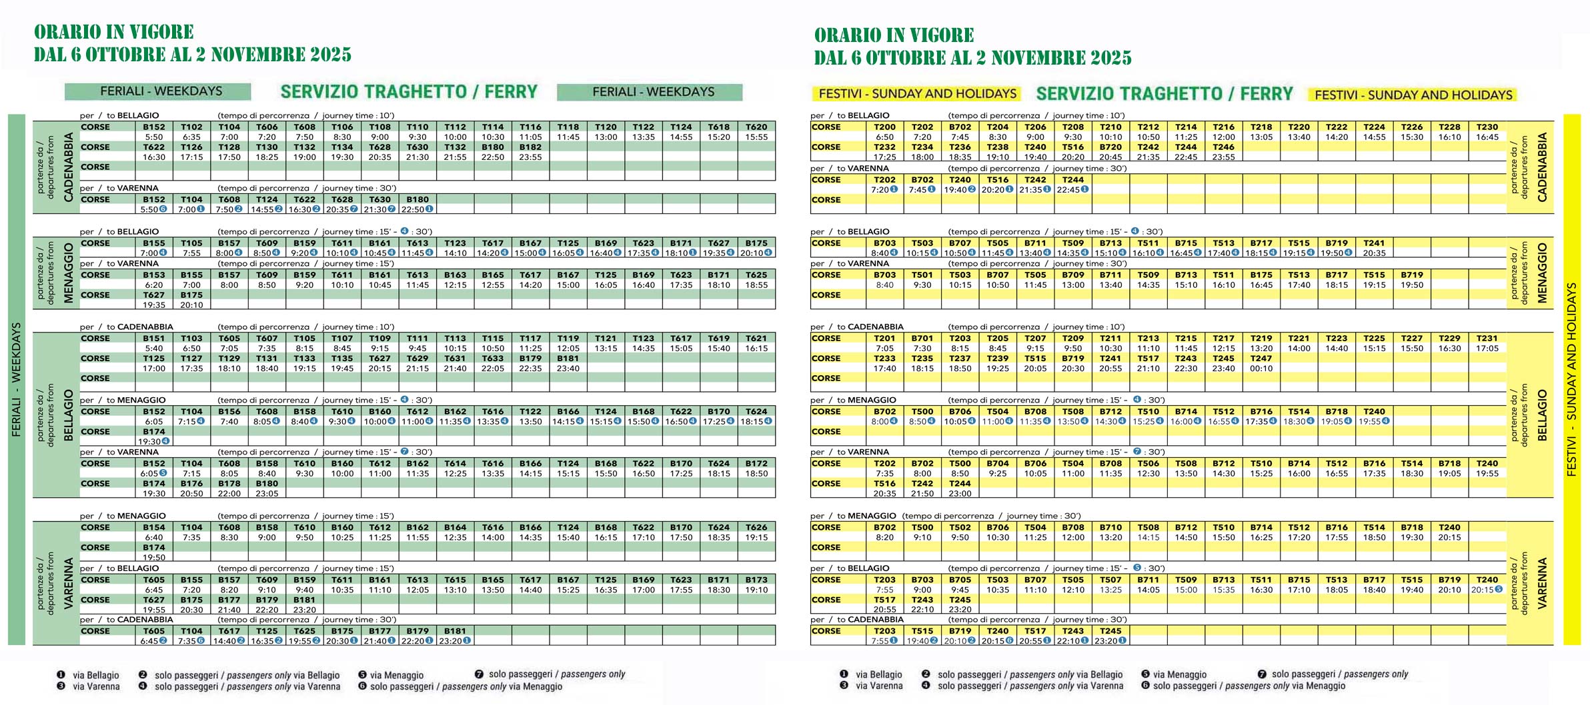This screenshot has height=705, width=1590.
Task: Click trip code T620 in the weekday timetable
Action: tap(756, 127)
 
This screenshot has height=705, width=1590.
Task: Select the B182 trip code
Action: tap(530, 147)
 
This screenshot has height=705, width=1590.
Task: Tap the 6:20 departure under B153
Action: tap(153, 285)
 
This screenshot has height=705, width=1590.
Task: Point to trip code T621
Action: tap(756, 338)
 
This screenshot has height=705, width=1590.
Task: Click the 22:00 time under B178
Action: tap(229, 493)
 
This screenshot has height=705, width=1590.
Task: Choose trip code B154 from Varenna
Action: tap(153, 527)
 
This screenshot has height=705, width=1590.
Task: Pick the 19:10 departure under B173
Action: tap(756, 590)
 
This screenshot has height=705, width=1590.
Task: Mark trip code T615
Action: tap(455, 580)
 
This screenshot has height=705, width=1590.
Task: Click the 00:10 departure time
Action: tap(1261, 368)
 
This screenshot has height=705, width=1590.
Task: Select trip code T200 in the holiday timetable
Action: tap(884, 127)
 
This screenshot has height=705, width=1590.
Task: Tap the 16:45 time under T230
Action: tap(1487, 137)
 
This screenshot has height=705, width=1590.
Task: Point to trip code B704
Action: tap(998, 463)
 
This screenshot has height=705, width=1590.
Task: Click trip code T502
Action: tap(960, 527)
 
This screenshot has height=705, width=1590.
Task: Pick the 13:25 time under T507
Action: tap(1110, 590)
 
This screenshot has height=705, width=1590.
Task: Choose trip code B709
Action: tap(1073, 275)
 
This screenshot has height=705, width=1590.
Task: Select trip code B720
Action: tap(1110, 147)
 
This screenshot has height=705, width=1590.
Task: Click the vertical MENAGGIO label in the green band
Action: tap(68, 273)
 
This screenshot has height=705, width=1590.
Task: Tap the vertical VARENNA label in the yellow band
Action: tap(1541, 582)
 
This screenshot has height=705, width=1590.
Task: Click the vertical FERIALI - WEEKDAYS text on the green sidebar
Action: tap(16, 379)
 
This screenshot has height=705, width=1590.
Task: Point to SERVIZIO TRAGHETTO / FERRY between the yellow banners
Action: tap(1164, 94)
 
